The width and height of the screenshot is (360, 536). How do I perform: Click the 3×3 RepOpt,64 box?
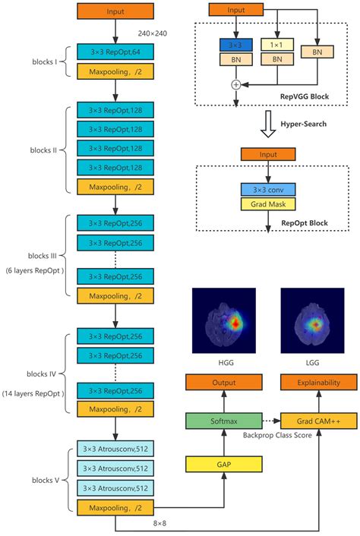click(115, 52)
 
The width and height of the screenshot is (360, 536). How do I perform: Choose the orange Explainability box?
click(318, 383)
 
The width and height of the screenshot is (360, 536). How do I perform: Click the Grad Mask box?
click(268, 203)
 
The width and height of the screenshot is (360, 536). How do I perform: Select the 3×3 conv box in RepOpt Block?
click(268, 189)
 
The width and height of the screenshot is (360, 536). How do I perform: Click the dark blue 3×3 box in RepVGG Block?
click(236, 45)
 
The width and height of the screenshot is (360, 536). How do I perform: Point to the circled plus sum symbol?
click(235, 84)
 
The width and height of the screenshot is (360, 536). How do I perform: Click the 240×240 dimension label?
click(154, 33)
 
